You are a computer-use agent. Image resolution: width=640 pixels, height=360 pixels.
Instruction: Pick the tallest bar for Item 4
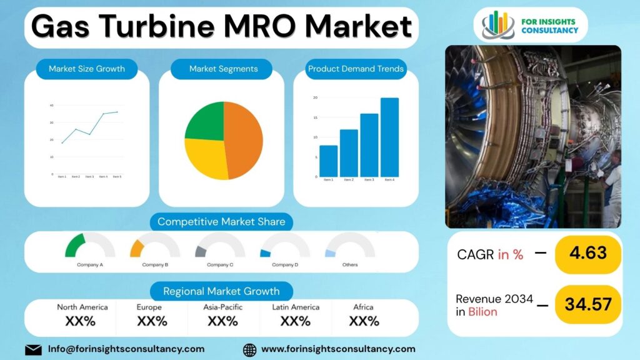[389, 137]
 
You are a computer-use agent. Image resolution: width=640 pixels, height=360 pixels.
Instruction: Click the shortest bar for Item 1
[328, 161]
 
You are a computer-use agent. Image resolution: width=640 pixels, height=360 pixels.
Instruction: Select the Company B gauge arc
[136, 248]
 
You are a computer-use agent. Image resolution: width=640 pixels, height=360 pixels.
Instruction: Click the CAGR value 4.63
[588, 252]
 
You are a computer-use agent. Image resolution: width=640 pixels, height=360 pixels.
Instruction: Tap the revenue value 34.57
[588, 304]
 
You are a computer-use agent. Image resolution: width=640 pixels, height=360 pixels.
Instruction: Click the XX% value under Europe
[152, 321]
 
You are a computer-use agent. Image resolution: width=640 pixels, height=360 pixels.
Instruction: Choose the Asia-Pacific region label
[222, 307]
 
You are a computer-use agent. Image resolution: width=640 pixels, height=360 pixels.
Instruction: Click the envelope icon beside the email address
[33, 349]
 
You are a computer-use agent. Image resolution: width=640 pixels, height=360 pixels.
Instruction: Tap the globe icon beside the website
[249, 349]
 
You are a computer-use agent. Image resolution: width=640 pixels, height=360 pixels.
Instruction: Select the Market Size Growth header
[87, 69]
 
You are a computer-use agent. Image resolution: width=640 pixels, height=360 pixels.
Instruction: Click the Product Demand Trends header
[356, 69]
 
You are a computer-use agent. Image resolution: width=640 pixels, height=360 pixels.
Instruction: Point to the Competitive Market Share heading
[221, 221]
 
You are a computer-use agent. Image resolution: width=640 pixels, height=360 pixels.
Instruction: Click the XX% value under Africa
[364, 321]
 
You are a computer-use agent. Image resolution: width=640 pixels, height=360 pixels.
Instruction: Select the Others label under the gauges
[350, 264]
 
